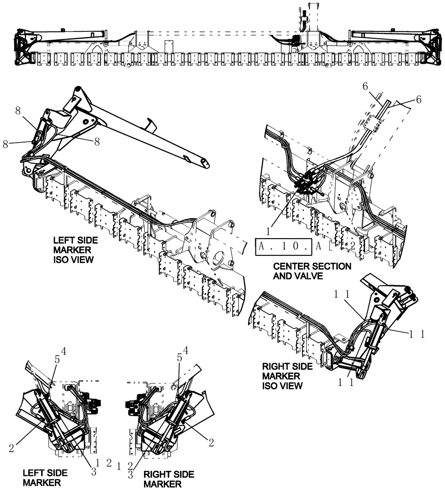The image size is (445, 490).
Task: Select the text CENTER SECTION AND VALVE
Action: [x=312, y=271]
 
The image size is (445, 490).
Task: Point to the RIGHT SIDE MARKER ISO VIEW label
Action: [x=282, y=375]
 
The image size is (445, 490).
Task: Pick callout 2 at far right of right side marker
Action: [x=211, y=442]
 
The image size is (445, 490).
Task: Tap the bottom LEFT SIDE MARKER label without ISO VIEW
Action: [x=45, y=478]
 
